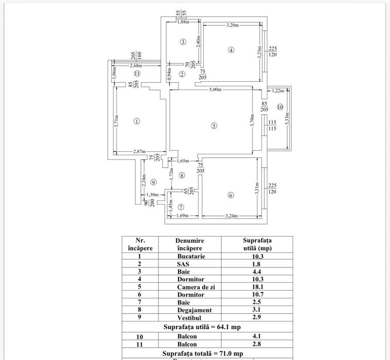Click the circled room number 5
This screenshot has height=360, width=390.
click(214, 127)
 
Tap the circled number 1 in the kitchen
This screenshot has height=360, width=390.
click(136, 121)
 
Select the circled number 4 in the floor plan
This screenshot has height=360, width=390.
click(232, 50)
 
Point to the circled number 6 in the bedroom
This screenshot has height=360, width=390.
click(230, 195)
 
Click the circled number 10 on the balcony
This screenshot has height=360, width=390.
click(280, 107)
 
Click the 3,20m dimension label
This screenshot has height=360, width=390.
click(234, 25)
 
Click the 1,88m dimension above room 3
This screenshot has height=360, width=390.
click(183, 22)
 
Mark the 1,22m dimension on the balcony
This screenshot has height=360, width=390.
click(278, 91)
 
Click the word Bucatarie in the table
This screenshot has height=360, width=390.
click(190, 256)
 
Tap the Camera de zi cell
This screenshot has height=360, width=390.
click(190, 287)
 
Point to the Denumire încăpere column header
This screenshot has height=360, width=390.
click(190, 244)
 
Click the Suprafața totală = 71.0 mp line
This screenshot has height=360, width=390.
click(206, 354)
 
